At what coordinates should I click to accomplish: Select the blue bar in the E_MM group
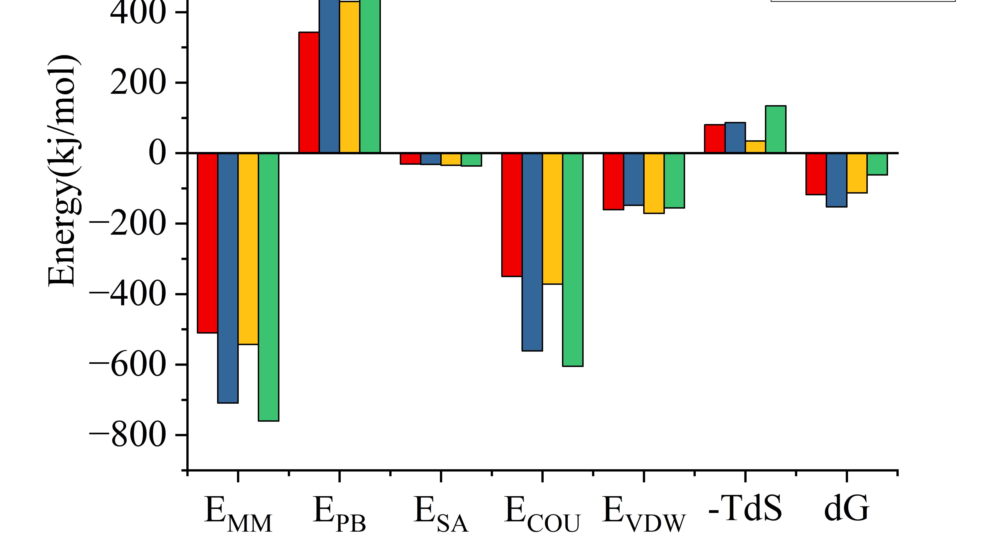[x=228, y=278]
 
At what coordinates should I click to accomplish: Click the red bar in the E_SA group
[x=410, y=159]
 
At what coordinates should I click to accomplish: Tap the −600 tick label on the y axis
[x=127, y=365]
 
